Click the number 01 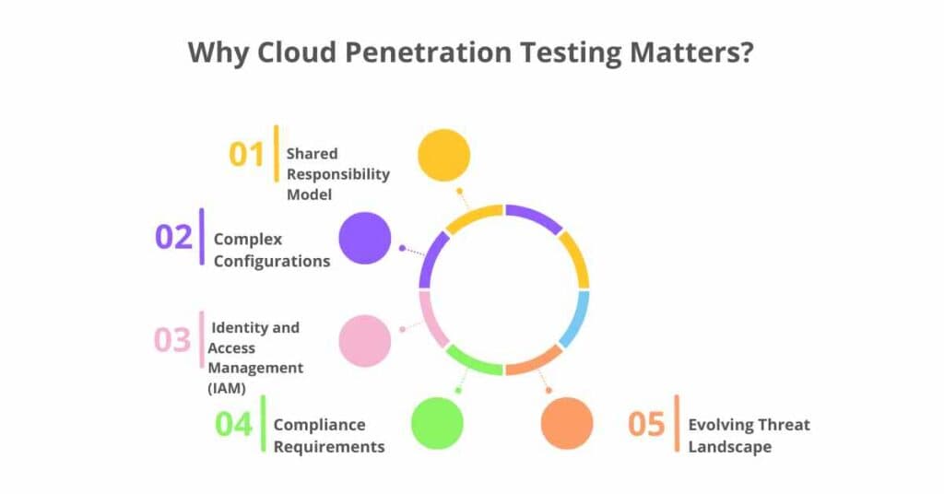coord(246,154)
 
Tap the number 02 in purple coord(173,237)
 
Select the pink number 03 coord(172,340)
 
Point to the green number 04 coord(234,424)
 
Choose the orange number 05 coord(646,424)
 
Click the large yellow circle coord(443,155)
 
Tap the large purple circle coord(365,238)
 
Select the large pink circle coord(365,340)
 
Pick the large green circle coord(437,423)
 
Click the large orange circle coord(567,423)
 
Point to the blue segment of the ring coord(575,319)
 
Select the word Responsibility coord(337,174)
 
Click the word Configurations coord(272,261)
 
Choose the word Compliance coord(319,425)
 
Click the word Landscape coord(729,447)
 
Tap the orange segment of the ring coord(534,360)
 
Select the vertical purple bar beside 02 coord(202,237)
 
